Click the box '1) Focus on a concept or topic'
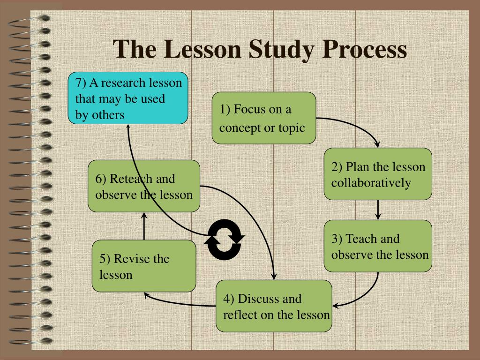pos(263,118)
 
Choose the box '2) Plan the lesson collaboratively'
pos(378,174)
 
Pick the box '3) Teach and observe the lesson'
pos(378,246)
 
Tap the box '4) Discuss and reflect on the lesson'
pos(274,306)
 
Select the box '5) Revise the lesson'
pos(144,266)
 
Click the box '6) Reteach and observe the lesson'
pos(144,186)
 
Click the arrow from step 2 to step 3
pos(378,210)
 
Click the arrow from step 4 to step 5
pos(178,302)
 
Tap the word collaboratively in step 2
pos(371,183)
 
